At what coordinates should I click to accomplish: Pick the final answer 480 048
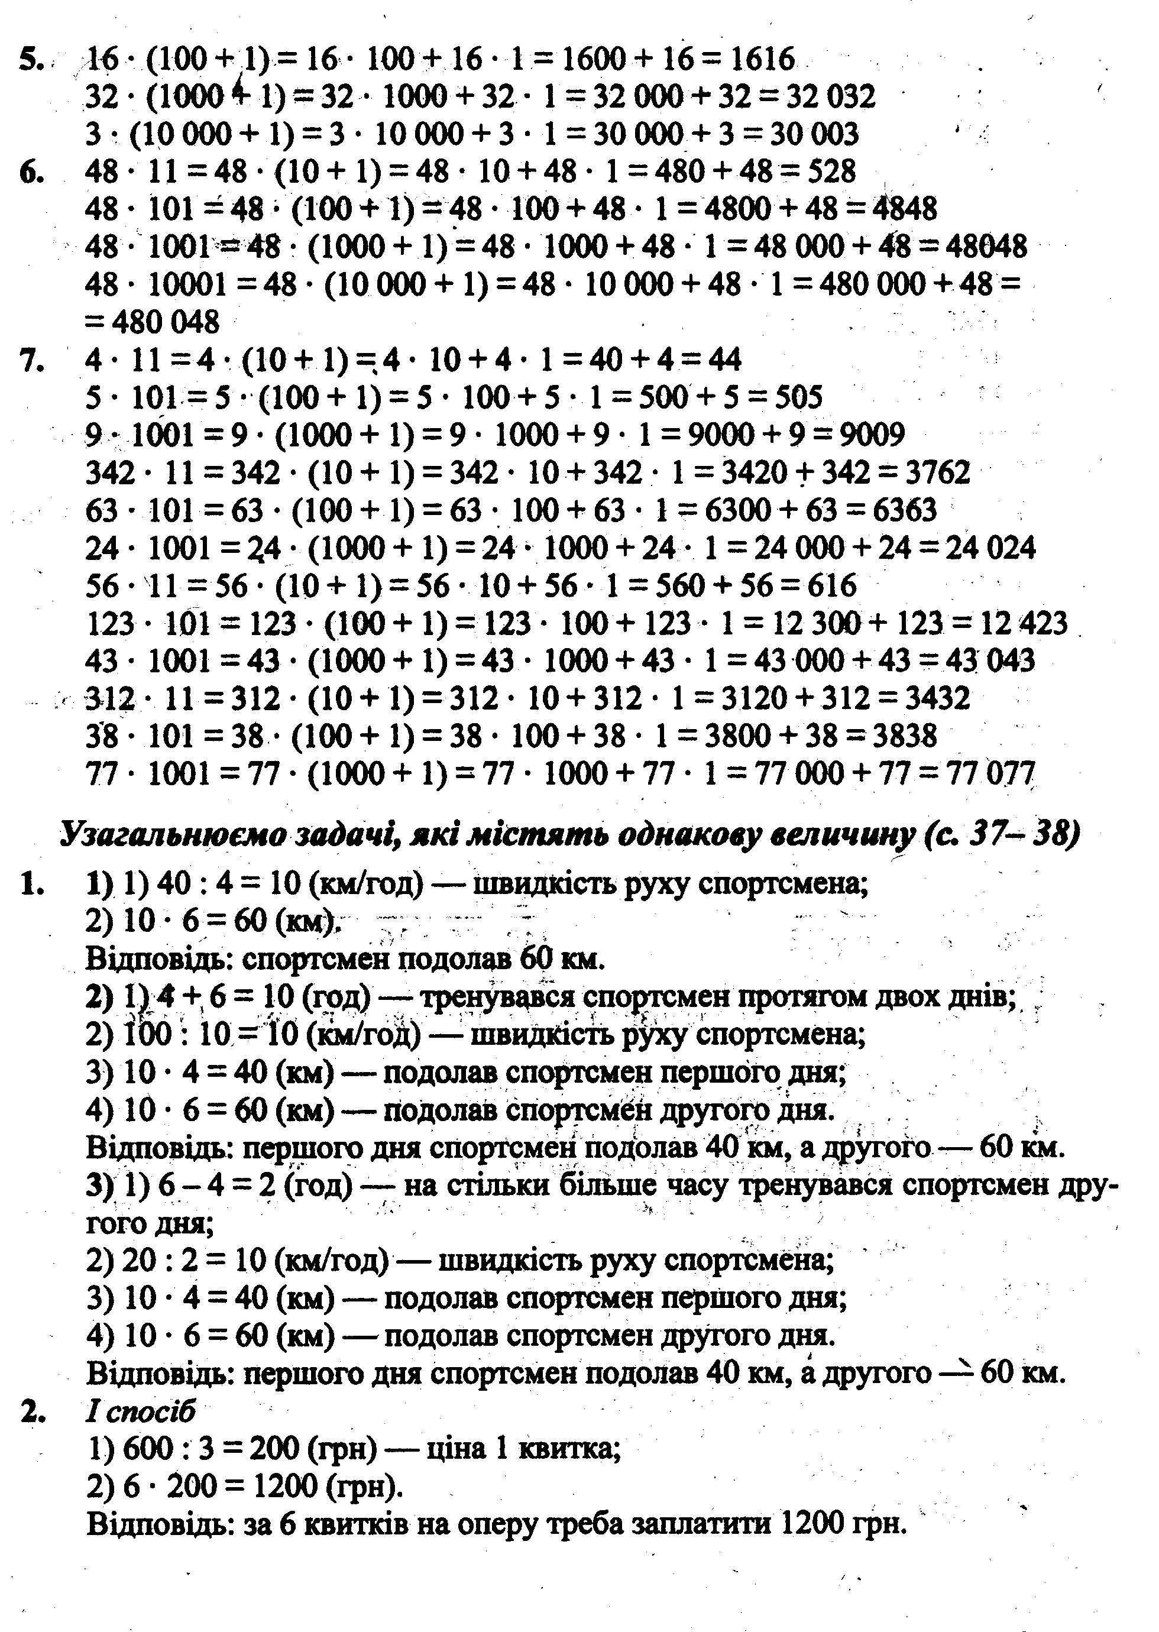[x=163, y=322]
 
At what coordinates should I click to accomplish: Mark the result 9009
[x=872, y=435]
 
